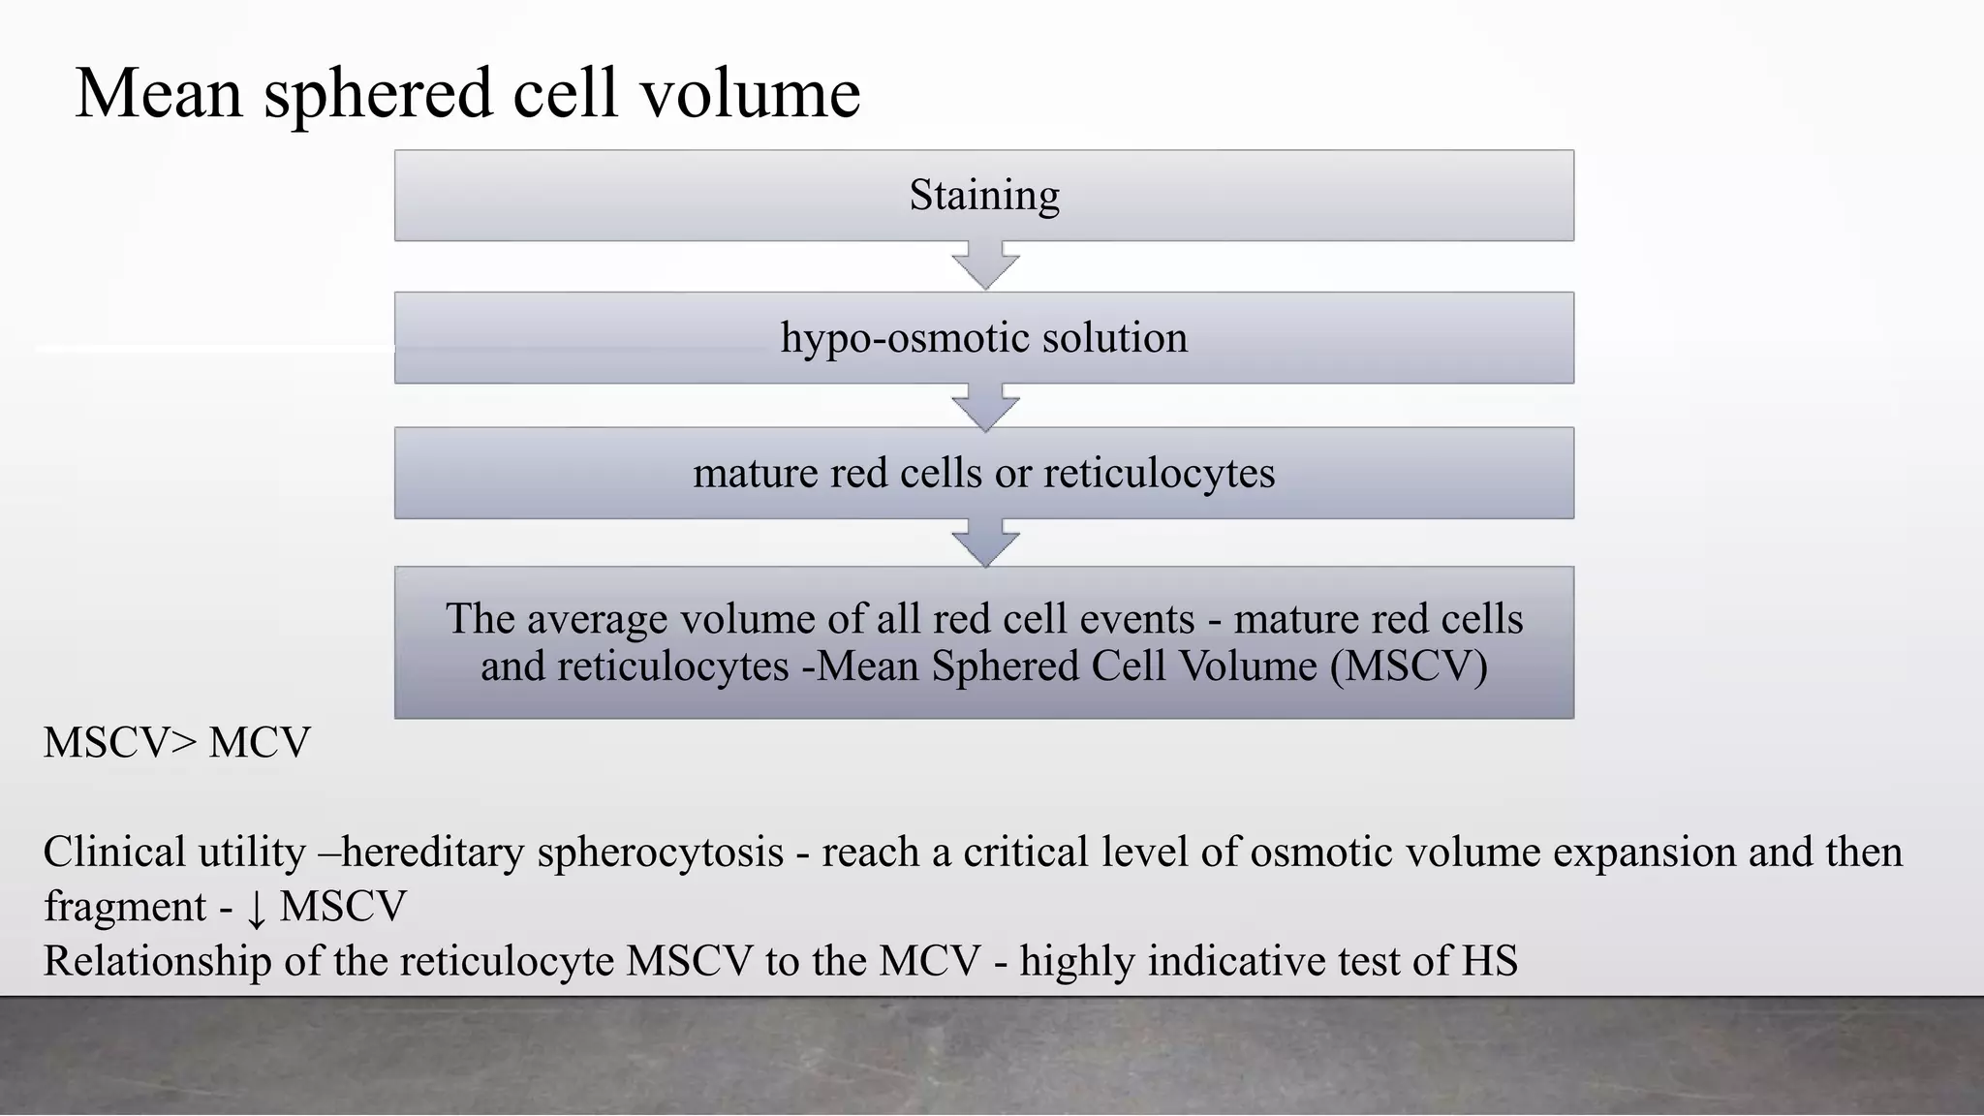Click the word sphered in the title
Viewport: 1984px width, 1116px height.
[379, 95]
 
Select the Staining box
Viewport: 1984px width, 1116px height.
[983, 196]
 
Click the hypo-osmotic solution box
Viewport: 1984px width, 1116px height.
[983, 338]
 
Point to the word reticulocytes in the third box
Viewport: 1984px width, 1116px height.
[1159, 474]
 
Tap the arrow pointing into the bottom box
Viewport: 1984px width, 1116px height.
[985, 543]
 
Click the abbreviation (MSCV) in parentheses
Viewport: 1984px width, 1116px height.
[1409, 666]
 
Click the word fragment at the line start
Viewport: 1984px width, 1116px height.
[125, 908]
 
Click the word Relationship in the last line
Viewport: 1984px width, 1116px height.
[158, 962]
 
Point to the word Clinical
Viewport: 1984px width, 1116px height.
[114, 852]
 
